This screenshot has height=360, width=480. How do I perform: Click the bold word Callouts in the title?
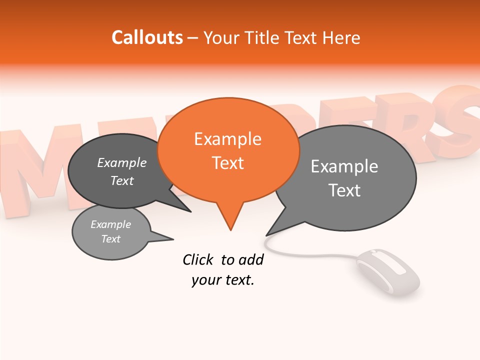pyautogui.click(x=147, y=37)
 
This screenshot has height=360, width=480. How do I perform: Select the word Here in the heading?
pyautogui.click(x=341, y=37)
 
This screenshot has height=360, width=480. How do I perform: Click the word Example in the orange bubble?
pyautogui.click(x=227, y=139)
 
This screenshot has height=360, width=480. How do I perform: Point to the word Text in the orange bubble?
pyautogui.click(x=227, y=163)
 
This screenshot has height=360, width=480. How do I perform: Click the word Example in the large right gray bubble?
pyautogui.click(x=344, y=166)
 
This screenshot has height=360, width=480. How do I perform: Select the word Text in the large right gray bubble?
pyautogui.click(x=344, y=190)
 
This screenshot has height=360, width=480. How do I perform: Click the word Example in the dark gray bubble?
pyautogui.click(x=121, y=162)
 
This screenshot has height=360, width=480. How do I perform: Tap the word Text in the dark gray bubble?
pyautogui.click(x=121, y=180)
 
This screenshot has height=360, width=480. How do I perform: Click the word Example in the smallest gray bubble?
pyautogui.click(x=110, y=224)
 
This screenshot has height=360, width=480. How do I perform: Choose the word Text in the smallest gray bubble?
pyautogui.click(x=110, y=239)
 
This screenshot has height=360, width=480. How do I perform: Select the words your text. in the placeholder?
pyautogui.click(x=222, y=280)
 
